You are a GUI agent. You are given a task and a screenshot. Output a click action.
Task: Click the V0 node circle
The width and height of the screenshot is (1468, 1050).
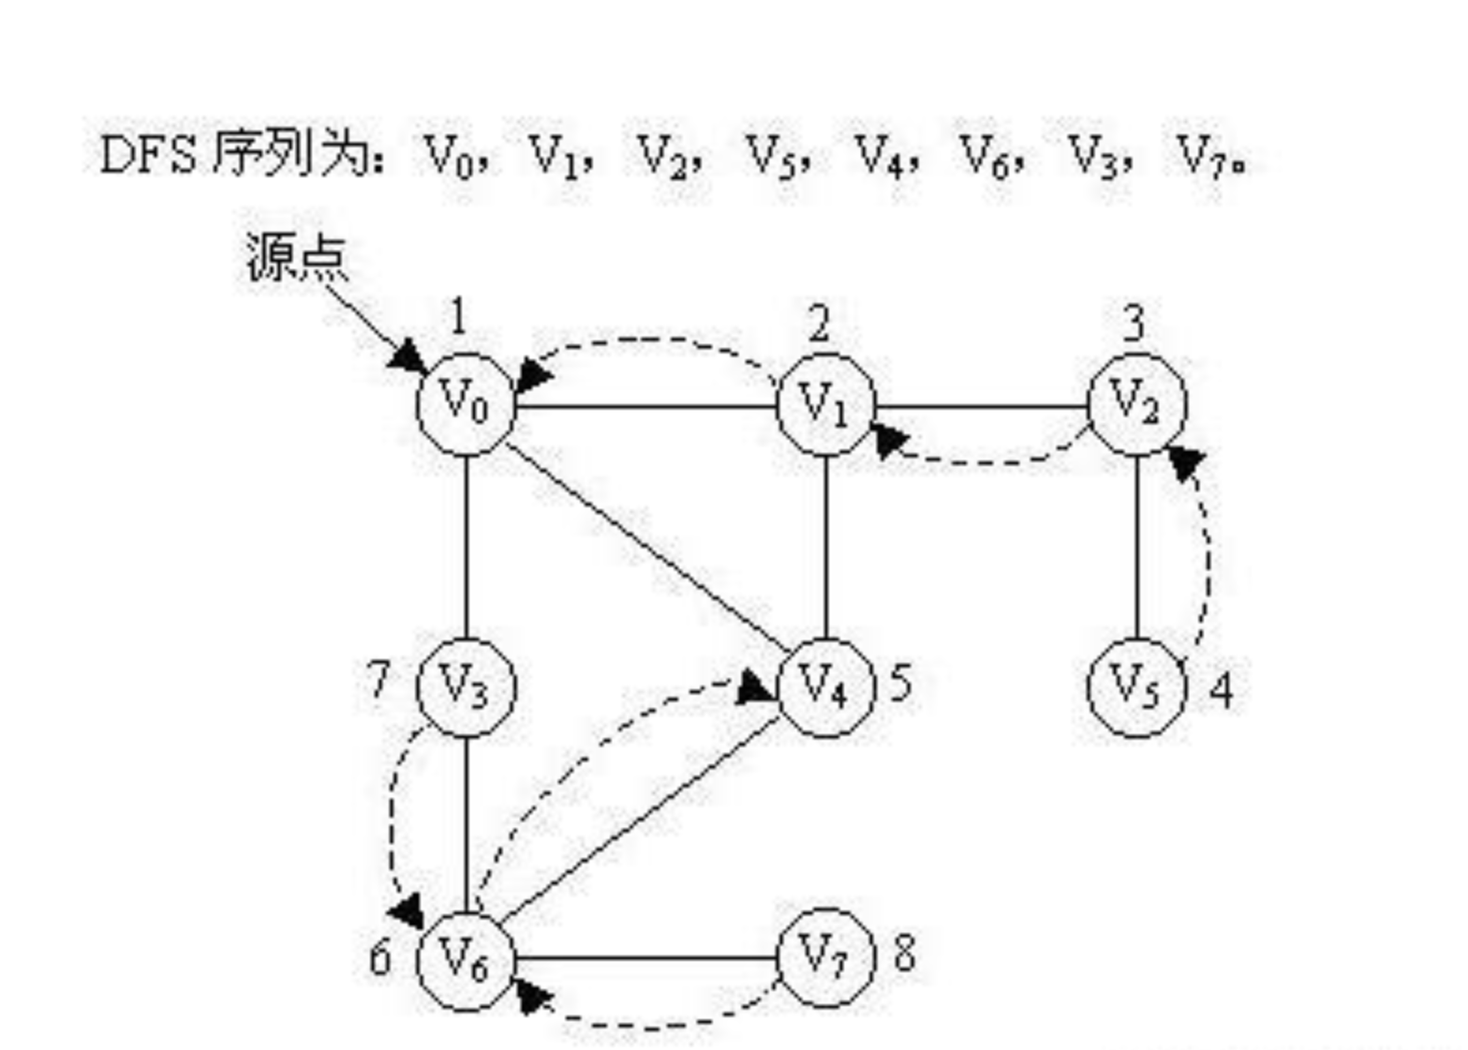click(x=466, y=405)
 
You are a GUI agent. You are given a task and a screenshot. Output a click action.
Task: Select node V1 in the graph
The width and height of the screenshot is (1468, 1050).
click(x=825, y=405)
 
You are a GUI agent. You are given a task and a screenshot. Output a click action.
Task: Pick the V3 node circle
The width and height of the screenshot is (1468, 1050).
click(x=466, y=686)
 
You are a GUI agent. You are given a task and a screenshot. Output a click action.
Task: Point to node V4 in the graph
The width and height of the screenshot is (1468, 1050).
click(x=825, y=687)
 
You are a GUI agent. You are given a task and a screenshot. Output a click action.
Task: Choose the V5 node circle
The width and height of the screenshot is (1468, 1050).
click(x=1136, y=687)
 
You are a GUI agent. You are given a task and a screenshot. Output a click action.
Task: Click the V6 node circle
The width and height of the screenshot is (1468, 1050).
click(x=466, y=959)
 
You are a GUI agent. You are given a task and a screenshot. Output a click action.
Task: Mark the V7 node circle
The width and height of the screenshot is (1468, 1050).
click(x=825, y=957)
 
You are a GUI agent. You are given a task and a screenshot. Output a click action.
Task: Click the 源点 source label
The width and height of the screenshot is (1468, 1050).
click(x=296, y=256)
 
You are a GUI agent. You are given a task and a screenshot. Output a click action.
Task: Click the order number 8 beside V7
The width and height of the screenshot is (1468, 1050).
click(x=905, y=954)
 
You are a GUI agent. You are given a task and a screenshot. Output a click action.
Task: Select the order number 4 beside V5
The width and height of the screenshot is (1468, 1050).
click(x=1221, y=690)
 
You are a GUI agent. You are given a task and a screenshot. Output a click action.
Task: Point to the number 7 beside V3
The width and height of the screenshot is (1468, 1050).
click(x=378, y=680)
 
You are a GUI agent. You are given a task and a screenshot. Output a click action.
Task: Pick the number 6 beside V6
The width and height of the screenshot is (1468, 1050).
click(x=379, y=958)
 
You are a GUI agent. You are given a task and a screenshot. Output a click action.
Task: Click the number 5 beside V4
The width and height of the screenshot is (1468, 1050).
click(x=899, y=683)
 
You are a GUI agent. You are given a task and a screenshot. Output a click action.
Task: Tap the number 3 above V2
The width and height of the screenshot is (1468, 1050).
click(x=1134, y=323)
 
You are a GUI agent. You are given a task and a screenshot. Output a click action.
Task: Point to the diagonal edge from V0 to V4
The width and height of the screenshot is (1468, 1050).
click(x=646, y=544)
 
